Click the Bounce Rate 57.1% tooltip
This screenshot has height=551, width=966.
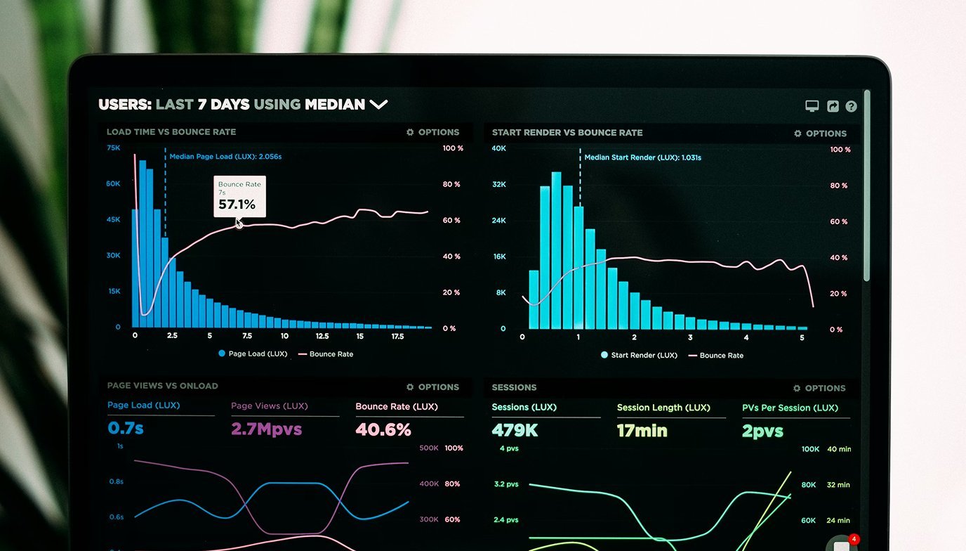coord(239,196)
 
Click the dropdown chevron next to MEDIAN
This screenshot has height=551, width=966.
coord(378,105)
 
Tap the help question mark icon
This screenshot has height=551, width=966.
coord(851,107)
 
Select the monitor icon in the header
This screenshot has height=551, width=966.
coord(812,106)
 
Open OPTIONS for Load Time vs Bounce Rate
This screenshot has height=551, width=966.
coord(432,132)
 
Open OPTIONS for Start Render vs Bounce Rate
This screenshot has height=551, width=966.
coord(820,134)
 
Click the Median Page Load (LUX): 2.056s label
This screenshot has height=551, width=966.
coord(225,157)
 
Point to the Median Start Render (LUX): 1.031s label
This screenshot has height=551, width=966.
coord(642,157)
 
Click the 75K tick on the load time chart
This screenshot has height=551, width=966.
coord(113,148)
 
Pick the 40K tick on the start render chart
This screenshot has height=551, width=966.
coord(498,148)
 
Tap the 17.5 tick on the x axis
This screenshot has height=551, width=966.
coord(397,336)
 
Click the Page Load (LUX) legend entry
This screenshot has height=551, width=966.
coord(253,354)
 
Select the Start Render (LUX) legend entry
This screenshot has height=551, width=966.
coord(639,355)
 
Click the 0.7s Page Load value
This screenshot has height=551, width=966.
coord(126,428)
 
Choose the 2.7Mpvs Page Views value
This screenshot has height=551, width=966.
coord(266,429)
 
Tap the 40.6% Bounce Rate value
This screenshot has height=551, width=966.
coord(383,429)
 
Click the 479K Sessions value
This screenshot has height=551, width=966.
coord(515,430)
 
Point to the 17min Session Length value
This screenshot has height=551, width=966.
coord(642,430)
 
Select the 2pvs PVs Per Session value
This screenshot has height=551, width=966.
coord(763,431)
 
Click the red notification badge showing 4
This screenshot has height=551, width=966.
coord(854,539)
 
